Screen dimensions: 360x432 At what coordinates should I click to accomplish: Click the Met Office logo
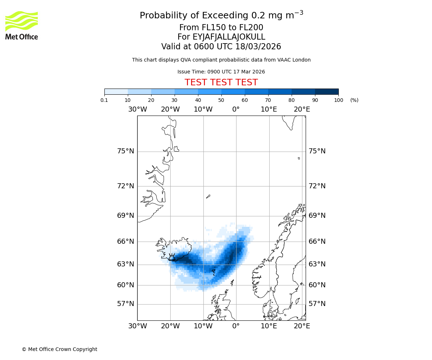pyautogui.click(x=22, y=25)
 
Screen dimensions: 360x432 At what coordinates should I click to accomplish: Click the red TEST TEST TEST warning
pyautogui.click(x=221, y=82)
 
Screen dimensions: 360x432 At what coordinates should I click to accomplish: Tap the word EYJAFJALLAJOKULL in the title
pyautogui.click(x=229, y=37)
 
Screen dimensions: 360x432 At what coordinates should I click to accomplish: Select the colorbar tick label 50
pyautogui.click(x=221, y=100)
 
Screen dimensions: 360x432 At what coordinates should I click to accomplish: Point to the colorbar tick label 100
pyautogui.click(x=338, y=100)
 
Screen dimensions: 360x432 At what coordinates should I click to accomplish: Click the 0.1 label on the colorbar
pyautogui.click(x=104, y=100)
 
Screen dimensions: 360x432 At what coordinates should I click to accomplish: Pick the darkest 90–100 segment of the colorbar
pyautogui.click(x=327, y=91)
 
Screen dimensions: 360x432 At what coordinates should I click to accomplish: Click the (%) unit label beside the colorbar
pyautogui.click(x=354, y=100)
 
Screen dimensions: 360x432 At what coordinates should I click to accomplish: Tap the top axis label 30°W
pyautogui.click(x=137, y=109)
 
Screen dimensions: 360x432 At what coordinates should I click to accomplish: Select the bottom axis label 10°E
pyautogui.click(x=269, y=326)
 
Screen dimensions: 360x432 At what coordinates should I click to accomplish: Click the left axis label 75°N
pyautogui.click(x=125, y=151)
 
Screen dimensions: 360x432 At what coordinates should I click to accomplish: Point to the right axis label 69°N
pyautogui.click(x=317, y=216)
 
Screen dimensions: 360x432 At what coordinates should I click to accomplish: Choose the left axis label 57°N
pyautogui.click(x=125, y=304)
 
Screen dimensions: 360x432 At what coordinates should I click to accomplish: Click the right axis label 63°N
pyautogui.click(x=317, y=264)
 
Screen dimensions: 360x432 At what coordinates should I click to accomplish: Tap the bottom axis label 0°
pyautogui.click(x=236, y=326)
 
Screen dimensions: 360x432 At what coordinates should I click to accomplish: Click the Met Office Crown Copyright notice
pyautogui.click(x=59, y=349)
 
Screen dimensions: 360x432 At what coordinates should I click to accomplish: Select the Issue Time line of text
pyautogui.click(x=221, y=72)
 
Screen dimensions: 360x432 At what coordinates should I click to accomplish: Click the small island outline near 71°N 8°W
pyautogui.click(x=208, y=197)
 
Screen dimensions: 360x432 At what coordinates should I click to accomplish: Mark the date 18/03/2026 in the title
pyautogui.click(x=258, y=47)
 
